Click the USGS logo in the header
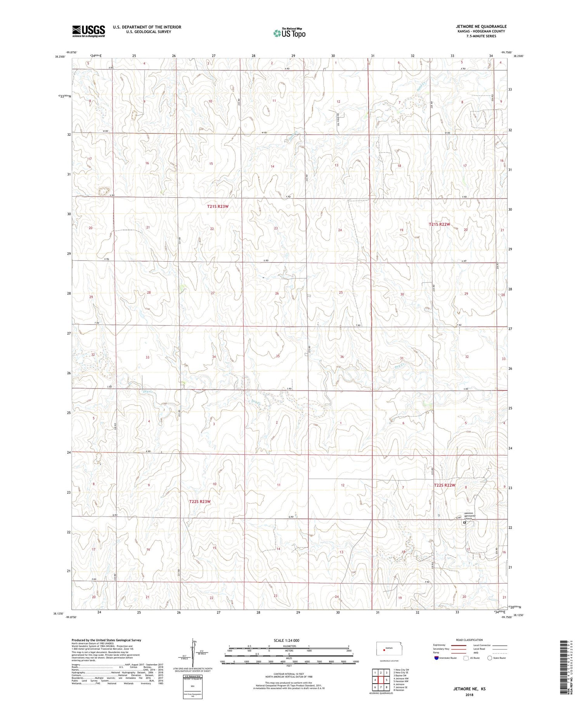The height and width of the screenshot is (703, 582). click(88, 31)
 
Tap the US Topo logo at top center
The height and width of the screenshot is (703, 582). click(289, 33)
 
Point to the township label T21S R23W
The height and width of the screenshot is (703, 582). click(218, 207)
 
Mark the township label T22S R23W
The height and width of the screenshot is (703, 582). click(200, 502)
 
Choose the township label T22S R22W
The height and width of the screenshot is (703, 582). click(444, 485)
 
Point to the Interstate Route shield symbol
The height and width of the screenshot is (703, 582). click(436, 658)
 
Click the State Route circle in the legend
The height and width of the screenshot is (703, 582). click(490, 658)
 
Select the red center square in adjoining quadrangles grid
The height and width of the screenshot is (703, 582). click(381, 680)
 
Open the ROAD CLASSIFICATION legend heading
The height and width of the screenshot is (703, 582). click(469, 640)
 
